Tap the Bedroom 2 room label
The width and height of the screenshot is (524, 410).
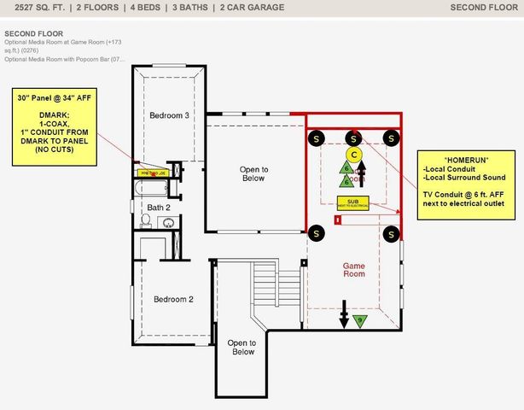tap(173, 299)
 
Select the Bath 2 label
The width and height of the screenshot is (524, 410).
tap(158, 208)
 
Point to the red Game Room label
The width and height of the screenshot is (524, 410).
tap(353, 269)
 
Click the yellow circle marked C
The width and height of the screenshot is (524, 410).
tap(355, 155)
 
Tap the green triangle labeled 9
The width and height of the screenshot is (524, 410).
tap(359, 320)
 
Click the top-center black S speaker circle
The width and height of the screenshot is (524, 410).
tap(353, 138)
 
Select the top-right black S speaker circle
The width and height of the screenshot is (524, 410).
tap(392, 138)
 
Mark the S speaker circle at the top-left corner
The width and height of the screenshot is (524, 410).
tap(316, 138)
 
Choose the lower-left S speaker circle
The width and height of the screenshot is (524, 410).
tap(316, 232)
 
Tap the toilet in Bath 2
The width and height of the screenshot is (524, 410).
tap(145, 221)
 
